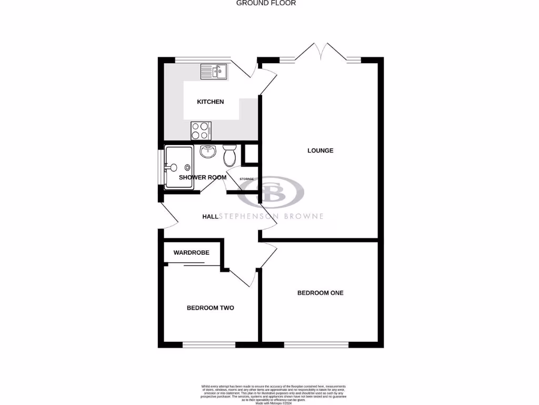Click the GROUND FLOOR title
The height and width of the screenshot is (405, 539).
[x=266, y=3]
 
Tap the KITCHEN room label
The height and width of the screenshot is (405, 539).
[x=211, y=102]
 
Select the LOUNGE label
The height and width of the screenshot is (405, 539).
[x=321, y=151]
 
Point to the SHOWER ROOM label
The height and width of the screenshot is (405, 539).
[x=203, y=178]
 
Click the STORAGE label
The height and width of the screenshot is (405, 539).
[x=246, y=179]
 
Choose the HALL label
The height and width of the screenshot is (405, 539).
[x=211, y=216]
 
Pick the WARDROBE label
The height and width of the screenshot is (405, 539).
[x=192, y=253]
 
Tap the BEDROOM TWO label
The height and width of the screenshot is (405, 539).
[x=211, y=308]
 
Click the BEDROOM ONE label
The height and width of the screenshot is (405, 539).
[x=321, y=293]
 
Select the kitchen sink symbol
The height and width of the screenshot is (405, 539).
[x=213, y=71]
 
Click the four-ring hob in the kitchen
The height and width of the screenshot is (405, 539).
[x=201, y=130]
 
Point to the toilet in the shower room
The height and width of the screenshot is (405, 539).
[x=229, y=156]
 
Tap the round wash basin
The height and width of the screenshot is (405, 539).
[x=208, y=152]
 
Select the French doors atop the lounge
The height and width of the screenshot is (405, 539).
[x=320, y=53]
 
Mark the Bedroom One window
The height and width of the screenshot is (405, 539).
[x=316, y=345]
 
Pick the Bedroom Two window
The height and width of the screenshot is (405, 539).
[x=208, y=345]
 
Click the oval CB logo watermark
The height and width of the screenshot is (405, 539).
[x=271, y=192]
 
